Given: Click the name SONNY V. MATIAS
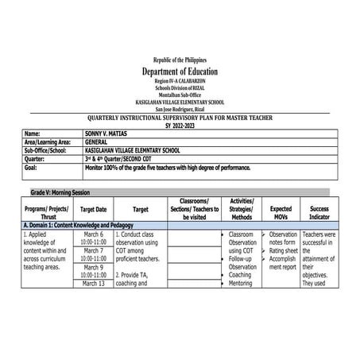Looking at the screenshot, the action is tap(108, 134).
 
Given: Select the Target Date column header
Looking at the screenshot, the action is tap(93, 210).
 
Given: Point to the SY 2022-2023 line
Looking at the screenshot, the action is tap(180, 125).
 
